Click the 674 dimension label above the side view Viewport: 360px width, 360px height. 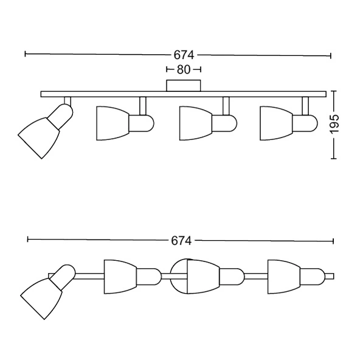click(x=184, y=55)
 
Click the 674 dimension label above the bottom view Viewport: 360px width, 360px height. click(x=181, y=241)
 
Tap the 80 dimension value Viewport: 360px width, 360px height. click(x=184, y=69)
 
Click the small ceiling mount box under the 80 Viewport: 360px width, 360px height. click(x=184, y=86)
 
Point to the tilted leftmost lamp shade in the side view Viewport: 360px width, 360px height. click(x=39, y=138)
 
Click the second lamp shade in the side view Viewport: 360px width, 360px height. click(x=112, y=123)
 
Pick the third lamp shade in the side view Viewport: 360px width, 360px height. click(x=196, y=123)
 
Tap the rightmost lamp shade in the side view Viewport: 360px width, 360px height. click(x=276, y=123)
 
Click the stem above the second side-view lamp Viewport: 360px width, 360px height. click(x=142, y=106)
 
